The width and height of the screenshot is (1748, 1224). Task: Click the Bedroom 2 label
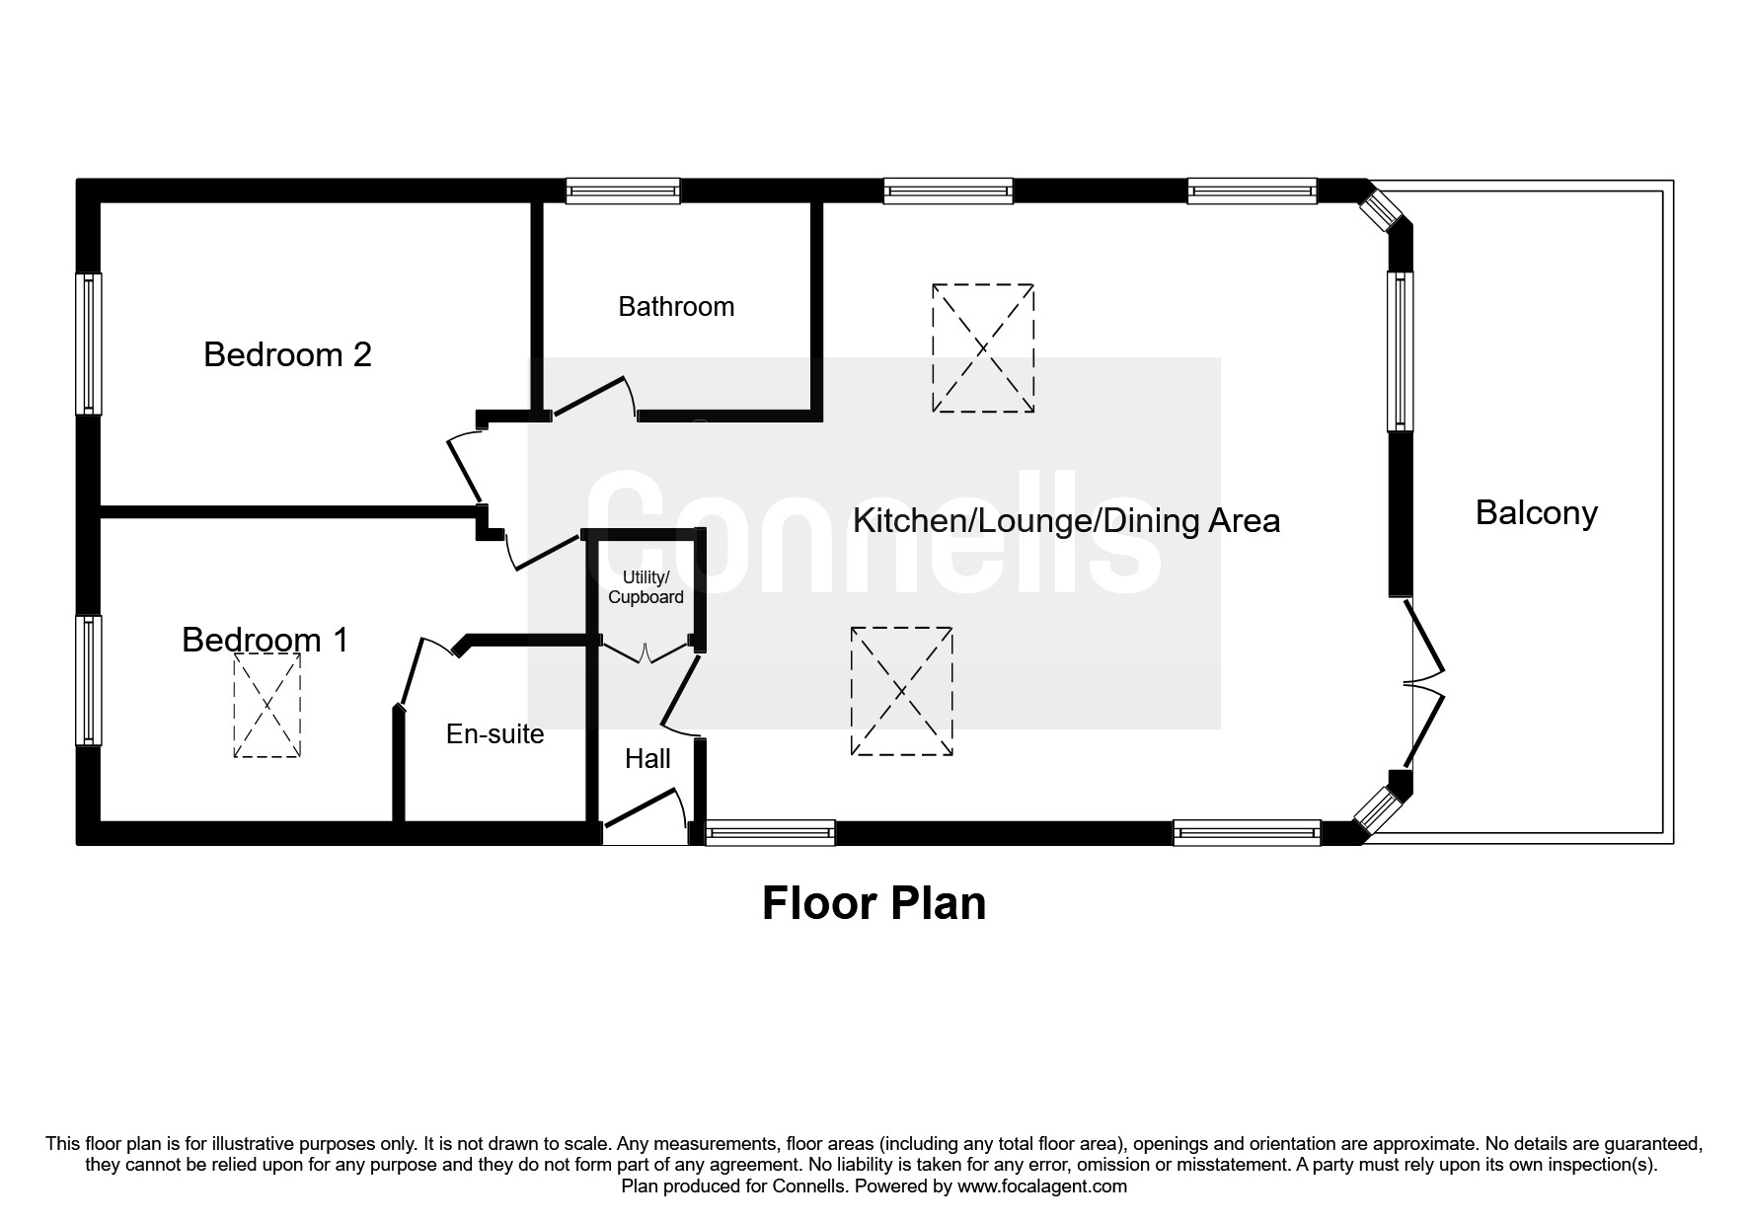tap(287, 354)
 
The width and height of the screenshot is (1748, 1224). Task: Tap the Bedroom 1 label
tap(265, 640)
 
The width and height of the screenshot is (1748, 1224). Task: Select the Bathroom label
tap(676, 307)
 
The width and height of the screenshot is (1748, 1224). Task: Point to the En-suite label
tap(494, 734)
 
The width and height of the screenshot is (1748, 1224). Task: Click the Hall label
tap(647, 758)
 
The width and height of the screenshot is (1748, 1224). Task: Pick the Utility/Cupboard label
tap(646, 587)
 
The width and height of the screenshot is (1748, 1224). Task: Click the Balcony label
tap(1536, 513)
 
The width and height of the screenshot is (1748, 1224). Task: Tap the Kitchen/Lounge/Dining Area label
tap(1066, 520)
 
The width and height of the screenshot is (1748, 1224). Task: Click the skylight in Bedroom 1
tap(266, 706)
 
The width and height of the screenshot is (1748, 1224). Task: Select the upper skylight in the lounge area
tap(983, 348)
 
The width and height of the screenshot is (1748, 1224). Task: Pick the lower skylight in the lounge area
tap(901, 691)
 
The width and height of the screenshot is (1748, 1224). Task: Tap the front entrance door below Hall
tap(644, 810)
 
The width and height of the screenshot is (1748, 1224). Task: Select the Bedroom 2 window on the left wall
tap(89, 344)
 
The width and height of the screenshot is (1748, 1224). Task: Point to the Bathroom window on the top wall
tap(622, 191)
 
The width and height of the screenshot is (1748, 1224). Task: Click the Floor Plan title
tap(874, 903)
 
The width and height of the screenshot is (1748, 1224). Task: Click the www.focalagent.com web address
tap(1042, 1186)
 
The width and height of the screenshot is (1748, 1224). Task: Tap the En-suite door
tap(412, 672)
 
